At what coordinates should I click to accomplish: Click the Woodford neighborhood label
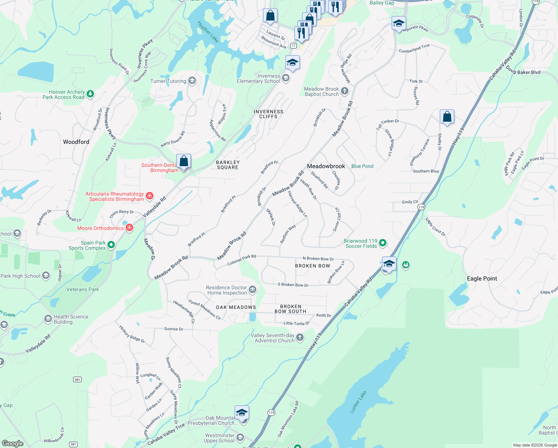pyautogui.click(x=76, y=142)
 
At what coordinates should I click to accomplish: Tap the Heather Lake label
pyautogui.click(x=208, y=32)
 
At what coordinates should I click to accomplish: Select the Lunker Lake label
pyautogui.click(x=358, y=402)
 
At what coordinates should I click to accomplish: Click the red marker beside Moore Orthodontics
pyautogui.click(x=129, y=228)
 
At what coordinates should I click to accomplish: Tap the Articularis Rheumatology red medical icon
pyautogui.click(x=150, y=196)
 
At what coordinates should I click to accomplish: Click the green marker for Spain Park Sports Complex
pyautogui.click(x=111, y=245)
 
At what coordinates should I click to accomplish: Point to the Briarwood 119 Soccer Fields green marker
pyautogui.click(x=383, y=243)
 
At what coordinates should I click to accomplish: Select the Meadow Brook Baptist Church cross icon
pyautogui.click(x=345, y=91)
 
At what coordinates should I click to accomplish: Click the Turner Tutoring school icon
pyautogui.click(x=192, y=81)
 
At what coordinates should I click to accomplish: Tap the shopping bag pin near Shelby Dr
pyautogui.click(x=447, y=117)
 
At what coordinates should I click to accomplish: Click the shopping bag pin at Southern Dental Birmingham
pyautogui.click(x=184, y=161)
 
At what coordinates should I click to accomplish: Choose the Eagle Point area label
pyautogui.click(x=482, y=279)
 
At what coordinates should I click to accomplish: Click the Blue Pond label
pyautogui.click(x=362, y=166)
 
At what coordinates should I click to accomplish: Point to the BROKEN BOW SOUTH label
pyautogui.click(x=291, y=309)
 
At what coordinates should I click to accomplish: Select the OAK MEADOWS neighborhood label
pyautogui.click(x=236, y=307)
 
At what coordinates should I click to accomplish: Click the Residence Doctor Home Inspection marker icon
pyautogui.click(x=253, y=290)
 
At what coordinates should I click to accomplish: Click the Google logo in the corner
pyautogui.click(x=13, y=444)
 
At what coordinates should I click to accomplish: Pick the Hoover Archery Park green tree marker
pyautogui.click(x=90, y=94)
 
